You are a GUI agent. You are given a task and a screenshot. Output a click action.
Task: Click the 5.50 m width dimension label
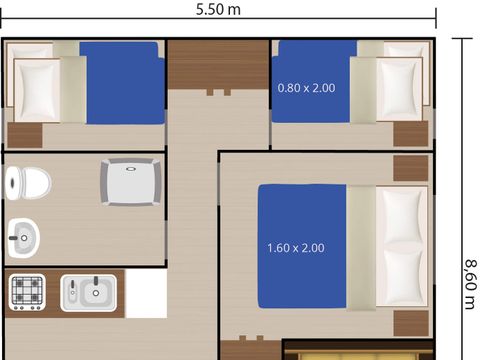[219, 10]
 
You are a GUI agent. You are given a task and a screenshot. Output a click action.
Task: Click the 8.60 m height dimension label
[468, 284]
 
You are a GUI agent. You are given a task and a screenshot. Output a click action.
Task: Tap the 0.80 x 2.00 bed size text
[306, 87]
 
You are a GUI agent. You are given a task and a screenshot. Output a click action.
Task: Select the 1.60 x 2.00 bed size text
[296, 247]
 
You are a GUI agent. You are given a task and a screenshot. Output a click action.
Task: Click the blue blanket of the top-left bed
[121, 82]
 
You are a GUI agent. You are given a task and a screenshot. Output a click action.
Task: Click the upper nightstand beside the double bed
[410, 167]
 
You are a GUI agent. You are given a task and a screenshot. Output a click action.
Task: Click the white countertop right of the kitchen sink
[145, 294]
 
